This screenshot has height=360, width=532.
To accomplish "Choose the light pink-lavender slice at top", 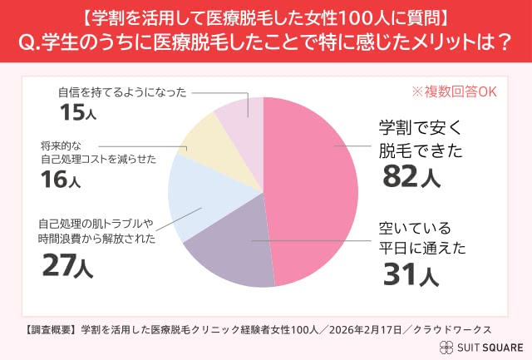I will pyautogui.click(x=241, y=113).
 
